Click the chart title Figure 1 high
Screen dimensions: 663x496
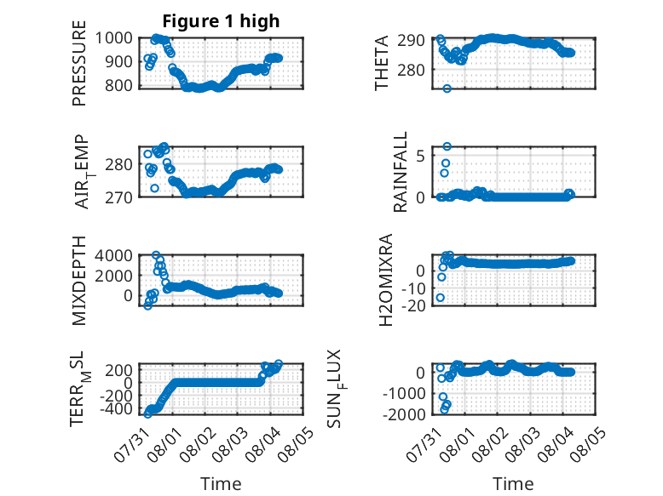[221, 21]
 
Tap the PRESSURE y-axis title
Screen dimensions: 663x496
[79, 63]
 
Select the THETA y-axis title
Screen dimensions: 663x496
[382, 63]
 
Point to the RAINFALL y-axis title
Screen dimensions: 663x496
[400, 171]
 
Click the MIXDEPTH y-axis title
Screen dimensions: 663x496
[79, 281]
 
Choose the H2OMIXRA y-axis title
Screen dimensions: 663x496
[386, 280]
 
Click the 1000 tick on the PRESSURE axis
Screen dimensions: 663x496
[113, 38]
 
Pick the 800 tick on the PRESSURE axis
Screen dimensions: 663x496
[118, 85]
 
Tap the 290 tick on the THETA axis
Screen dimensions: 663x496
[411, 41]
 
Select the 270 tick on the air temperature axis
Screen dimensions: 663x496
[118, 197]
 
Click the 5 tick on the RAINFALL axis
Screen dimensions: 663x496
[420, 157]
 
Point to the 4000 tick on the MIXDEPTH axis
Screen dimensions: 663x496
[113, 255]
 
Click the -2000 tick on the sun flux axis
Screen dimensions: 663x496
[403, 414]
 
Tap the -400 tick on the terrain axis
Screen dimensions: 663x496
[116, 408]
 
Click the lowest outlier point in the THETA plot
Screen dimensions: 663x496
[447, 88]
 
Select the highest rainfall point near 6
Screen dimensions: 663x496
[447, 146]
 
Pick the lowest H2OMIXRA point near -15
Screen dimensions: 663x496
[441, 298]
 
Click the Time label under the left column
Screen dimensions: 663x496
[221, 484]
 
